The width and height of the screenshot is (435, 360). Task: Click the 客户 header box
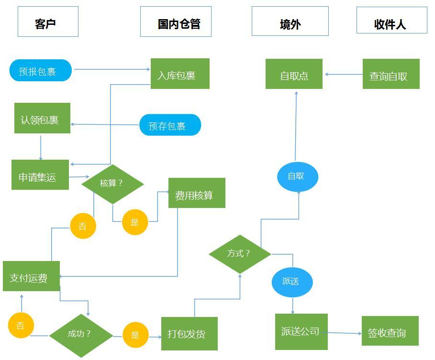pos(48,22)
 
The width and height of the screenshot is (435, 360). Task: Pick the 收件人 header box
pos(391,20)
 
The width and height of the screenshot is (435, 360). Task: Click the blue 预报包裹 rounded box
pos(40,71)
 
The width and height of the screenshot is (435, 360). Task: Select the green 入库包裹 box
pos(180,74)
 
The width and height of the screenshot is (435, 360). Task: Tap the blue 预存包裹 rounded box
pos(170,125)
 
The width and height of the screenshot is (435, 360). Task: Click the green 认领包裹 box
pos(42,118)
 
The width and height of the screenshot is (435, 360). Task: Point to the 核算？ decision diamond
pos(112,184)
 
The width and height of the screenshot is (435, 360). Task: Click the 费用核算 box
pos(197,193)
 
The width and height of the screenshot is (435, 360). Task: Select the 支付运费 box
pos(31,276)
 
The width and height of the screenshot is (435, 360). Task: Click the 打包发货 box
pos(189,333)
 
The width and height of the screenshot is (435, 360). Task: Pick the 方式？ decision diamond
pos(240,254)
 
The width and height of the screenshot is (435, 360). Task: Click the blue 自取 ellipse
pos(297,176)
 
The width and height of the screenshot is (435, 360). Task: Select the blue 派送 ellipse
pos(292,282)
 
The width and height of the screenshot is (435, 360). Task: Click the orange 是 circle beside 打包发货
pos(135,335)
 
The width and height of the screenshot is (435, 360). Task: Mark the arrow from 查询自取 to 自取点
pos(343,74)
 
